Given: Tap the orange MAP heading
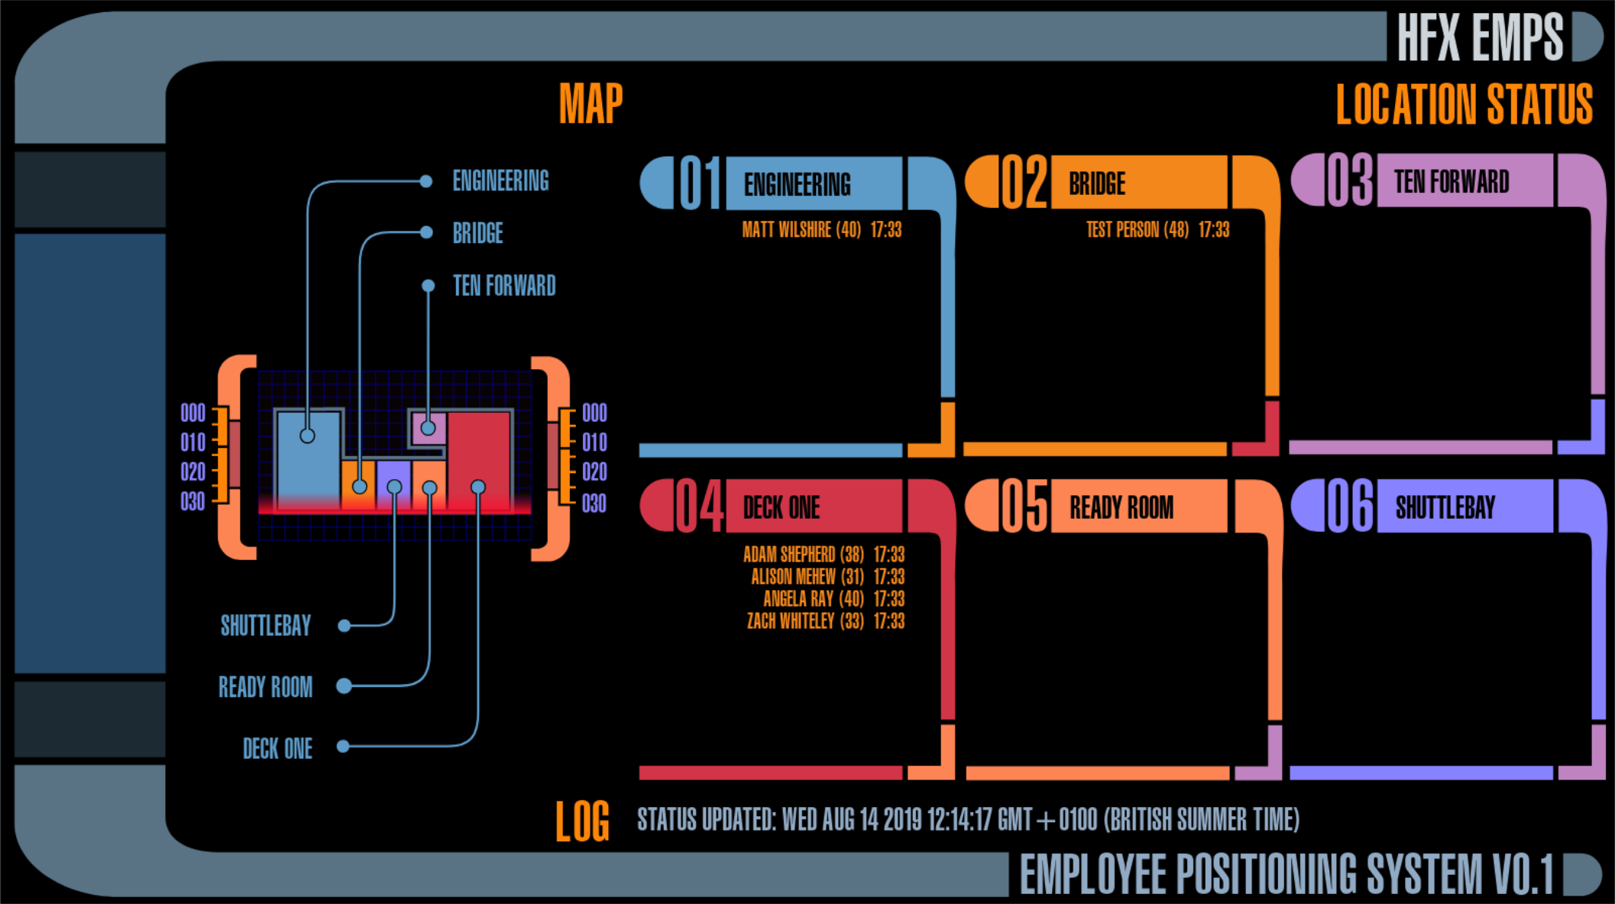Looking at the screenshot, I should pos(591,104).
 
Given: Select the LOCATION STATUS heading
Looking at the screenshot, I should pos(1464,105).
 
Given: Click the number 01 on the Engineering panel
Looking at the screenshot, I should pos(700,183).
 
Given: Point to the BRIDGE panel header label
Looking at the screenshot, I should pos(1097,184).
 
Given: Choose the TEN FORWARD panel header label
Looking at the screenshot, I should pos(1452,183).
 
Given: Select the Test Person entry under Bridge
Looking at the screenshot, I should pos(1137,230).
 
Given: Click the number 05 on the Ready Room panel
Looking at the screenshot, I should pos(1024,507).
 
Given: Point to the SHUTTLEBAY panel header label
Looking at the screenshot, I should pos(1445,507).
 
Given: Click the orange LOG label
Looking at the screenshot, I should pos(582,821).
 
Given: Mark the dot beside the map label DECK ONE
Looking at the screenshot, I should pos(343,747).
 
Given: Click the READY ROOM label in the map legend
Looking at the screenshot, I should pos(265,687).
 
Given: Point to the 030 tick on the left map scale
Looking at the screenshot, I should pos(193,502).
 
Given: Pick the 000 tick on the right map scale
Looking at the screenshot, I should pos(594,413).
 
